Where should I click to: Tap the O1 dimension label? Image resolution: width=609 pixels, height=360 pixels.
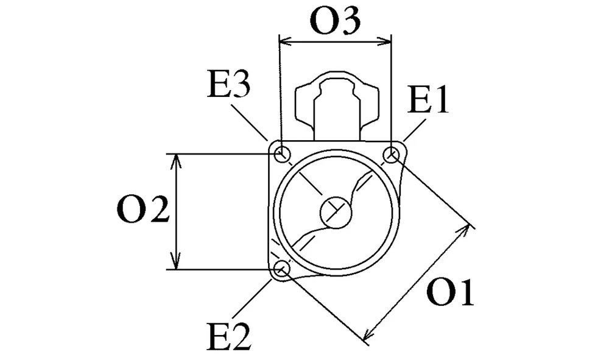click(450, 292)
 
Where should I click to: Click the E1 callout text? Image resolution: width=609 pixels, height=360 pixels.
click(428, 100)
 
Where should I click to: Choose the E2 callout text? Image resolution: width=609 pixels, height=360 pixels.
click(229, 337)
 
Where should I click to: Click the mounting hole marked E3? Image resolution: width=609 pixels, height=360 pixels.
click(283, 154)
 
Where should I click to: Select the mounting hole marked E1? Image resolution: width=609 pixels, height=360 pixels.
click(391, 155)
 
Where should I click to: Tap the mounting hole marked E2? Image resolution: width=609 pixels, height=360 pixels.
click(282, 269)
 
